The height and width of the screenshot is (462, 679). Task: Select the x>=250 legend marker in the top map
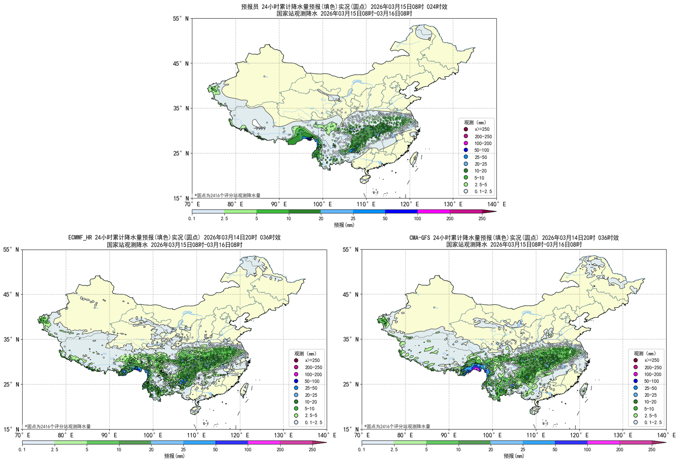click(466, 129)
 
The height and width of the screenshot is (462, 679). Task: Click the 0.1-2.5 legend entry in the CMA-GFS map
click(652, 422)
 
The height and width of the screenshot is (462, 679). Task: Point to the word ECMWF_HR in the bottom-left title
click(81, 238)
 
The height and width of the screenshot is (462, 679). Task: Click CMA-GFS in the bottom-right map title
click(420, 238)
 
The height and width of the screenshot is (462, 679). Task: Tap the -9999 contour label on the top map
click(260, 128)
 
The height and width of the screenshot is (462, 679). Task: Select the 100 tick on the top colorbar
click(417, 219)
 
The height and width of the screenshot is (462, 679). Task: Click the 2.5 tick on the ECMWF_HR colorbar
click(54, 450)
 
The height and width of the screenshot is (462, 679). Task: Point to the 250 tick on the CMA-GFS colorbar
click(651, 450)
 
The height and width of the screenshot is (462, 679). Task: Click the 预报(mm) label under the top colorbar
click(344, 225)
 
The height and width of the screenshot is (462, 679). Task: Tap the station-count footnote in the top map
click(227, 195)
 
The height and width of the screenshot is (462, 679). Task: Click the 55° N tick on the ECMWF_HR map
click(11, 250)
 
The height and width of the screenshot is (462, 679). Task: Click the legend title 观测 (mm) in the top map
click(475, 122)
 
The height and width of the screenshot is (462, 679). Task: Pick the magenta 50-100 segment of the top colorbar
click(401, 212)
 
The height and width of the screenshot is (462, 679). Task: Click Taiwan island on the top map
click(414, 159)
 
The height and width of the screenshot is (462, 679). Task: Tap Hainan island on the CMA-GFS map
click(534, 410)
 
